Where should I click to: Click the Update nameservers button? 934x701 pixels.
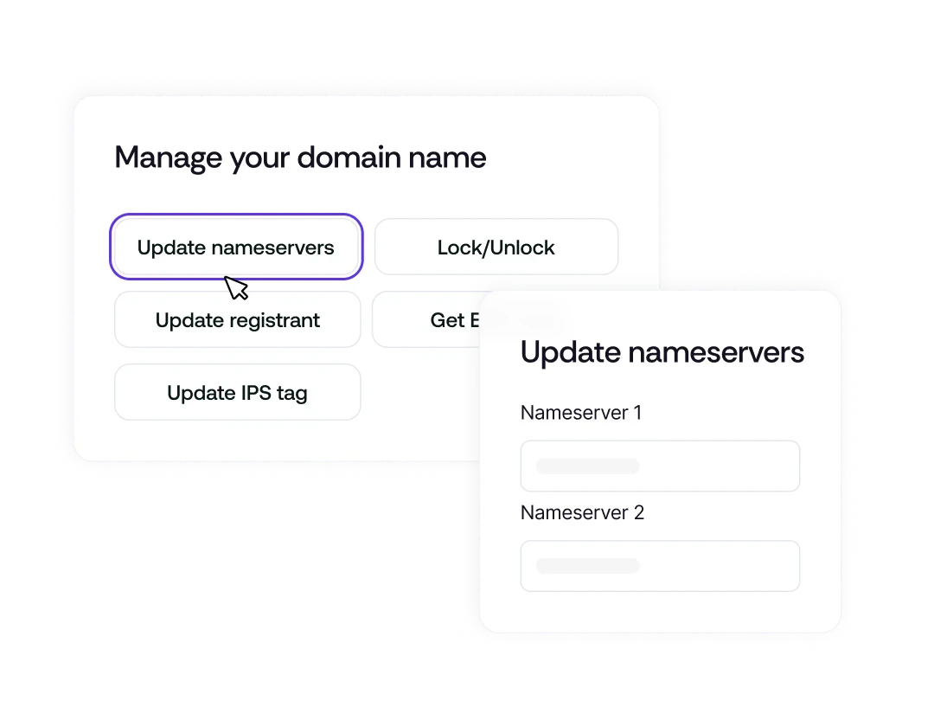(235, 248)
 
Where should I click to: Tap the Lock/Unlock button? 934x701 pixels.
(496, 248)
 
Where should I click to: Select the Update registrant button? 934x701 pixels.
(237, 320)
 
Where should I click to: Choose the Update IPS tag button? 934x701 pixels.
(237, 393)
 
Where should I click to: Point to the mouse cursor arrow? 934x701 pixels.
(234, 286)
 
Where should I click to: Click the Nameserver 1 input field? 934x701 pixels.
(659, 466)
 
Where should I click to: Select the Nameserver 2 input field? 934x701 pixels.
(659, 566)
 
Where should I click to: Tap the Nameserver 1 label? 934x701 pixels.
(580, 413)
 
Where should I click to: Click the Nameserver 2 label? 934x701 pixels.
(582, 512)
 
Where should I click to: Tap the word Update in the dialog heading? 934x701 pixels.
(571, 353)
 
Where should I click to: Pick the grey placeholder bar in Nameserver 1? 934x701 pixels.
(587, 466)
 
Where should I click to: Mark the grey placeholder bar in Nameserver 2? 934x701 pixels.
(587, 566)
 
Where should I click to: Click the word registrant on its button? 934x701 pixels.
(274, 321)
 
